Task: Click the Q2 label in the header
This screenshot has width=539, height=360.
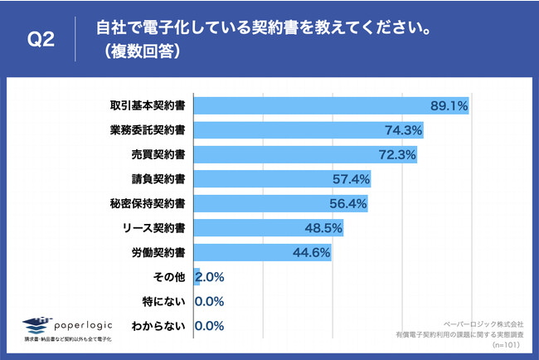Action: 41,40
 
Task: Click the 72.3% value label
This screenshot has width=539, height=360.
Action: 396,154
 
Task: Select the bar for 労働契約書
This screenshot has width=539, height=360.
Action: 263,251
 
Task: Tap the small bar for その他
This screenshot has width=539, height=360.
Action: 197,276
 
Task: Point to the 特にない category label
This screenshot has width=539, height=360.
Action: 161,300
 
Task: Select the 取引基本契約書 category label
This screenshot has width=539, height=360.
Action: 148,106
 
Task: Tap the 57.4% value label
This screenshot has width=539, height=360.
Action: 351,178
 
